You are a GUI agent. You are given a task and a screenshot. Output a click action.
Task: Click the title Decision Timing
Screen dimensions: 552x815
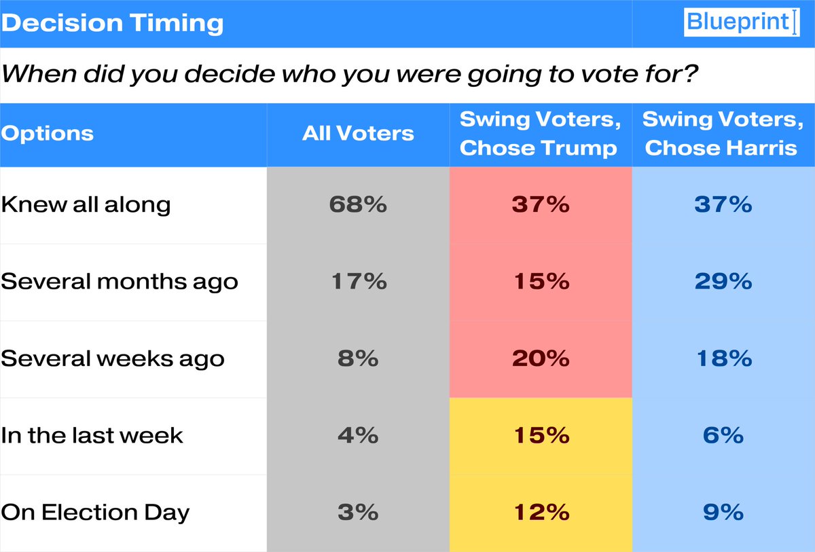click(112, 23)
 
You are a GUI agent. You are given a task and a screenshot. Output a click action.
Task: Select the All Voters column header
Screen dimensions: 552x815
click(358, 133)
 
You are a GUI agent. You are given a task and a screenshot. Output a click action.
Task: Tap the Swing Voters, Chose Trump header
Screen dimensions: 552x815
click(540, 134)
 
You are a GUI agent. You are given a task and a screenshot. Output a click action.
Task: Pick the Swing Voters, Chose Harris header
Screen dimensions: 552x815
click(723, 134)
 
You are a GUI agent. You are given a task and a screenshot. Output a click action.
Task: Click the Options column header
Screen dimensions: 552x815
click(48, 133)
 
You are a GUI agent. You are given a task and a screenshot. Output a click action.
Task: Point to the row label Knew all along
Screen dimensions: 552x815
click(86, 204)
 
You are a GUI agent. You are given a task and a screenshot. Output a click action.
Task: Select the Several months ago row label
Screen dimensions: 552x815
click(120, 281)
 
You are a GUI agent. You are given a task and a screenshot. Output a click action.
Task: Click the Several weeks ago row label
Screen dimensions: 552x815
click(113, 358)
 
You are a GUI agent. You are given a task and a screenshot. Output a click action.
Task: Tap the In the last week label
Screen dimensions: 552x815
click(92, 435)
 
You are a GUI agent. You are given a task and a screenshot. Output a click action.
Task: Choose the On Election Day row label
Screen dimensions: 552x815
click(95, 512)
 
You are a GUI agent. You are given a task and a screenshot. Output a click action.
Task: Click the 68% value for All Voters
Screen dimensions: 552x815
click(358, 204)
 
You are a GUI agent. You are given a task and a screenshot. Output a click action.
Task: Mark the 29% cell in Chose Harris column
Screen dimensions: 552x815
click(723, 281)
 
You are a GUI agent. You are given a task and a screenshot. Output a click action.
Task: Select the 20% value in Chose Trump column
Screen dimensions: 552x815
click(540, 358)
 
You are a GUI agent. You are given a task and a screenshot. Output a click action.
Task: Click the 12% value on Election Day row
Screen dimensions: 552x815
click(540, 512)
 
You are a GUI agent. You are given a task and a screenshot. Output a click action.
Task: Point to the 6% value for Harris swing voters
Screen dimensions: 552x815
click(723, 435)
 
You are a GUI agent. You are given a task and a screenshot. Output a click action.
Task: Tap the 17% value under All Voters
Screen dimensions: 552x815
click(358, 281)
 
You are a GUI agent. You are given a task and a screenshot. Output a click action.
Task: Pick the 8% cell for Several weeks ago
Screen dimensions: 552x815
click(358, 358)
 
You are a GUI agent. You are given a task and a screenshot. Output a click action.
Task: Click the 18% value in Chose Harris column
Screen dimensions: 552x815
click(723, 358)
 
